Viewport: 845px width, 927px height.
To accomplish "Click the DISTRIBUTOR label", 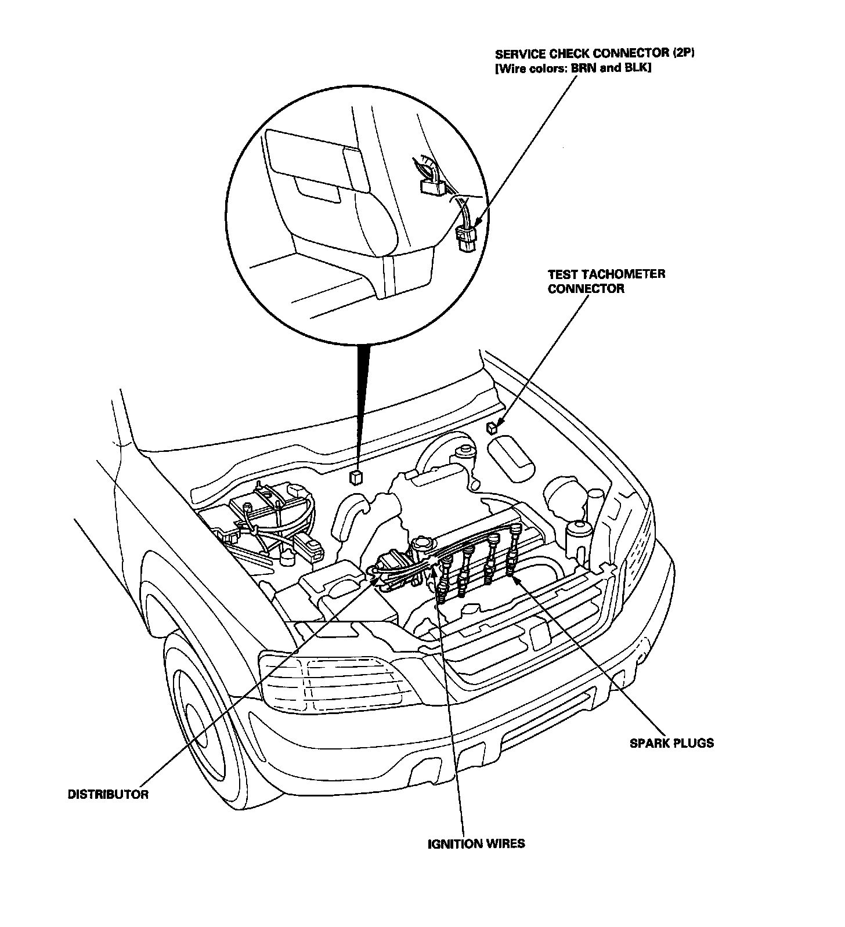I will (x=108, y=794).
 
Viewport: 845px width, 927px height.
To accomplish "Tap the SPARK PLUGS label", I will (x=671, y=743).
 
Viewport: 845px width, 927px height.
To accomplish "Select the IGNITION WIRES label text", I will (x=476, y=843).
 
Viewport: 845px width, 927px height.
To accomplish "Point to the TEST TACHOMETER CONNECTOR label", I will (x=606, y=281).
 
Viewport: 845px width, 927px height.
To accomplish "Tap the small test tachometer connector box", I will (x=492, y=428).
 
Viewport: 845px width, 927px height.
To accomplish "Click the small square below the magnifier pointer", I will (x=355, y=477).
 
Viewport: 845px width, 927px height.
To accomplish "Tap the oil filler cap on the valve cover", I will (x=422, y=544).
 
